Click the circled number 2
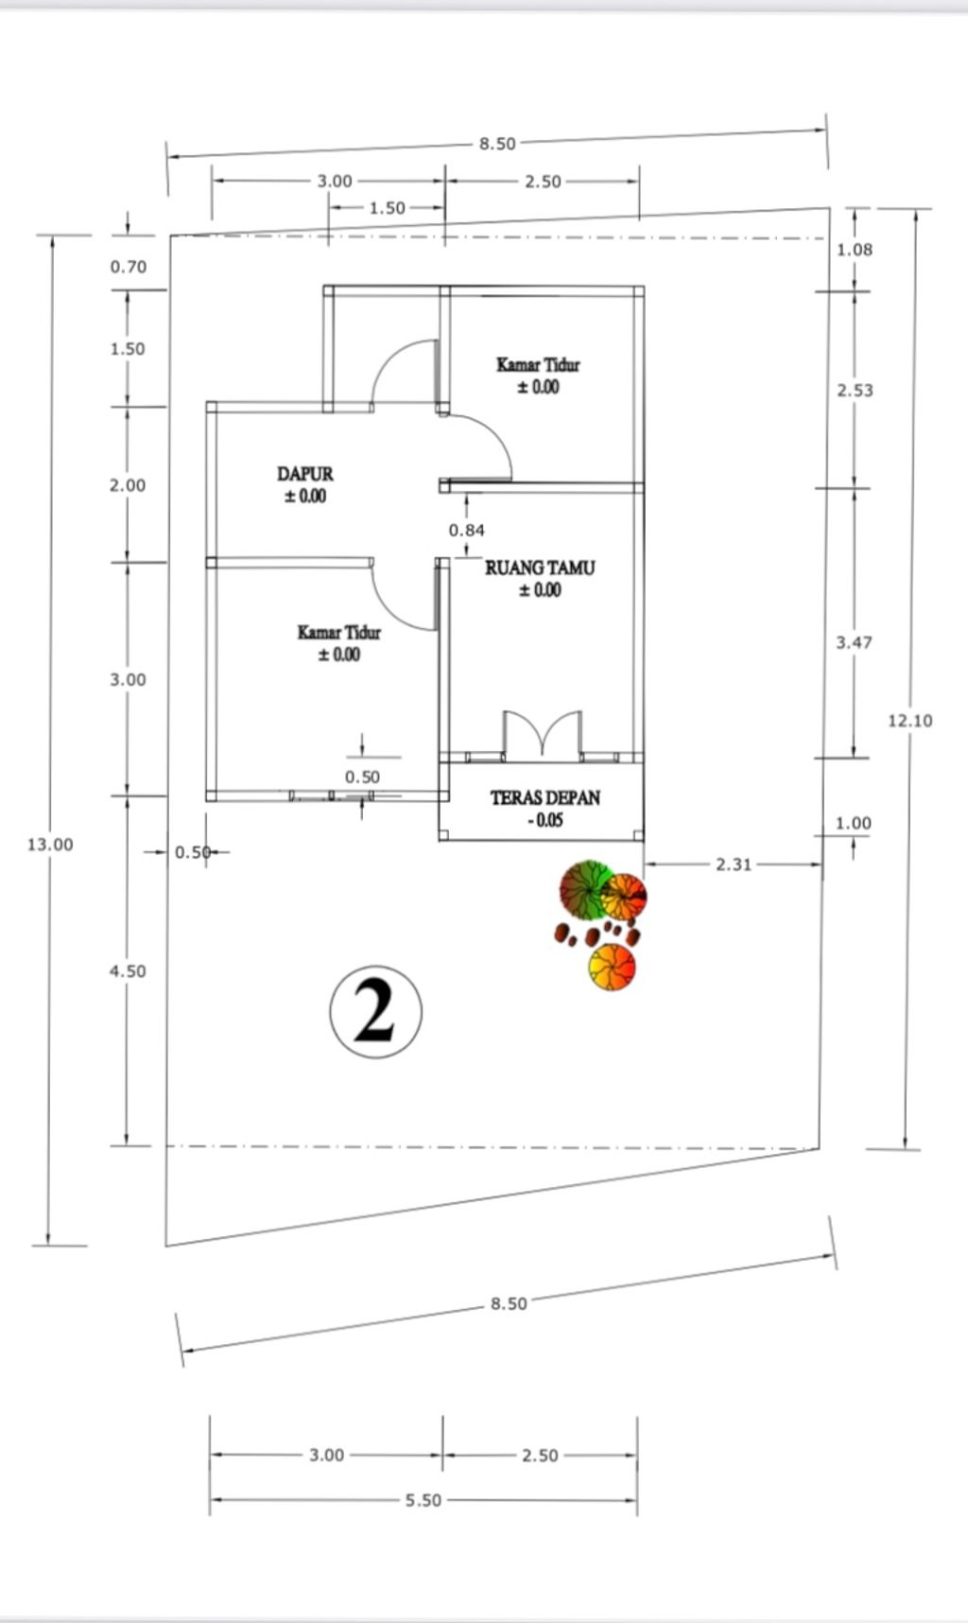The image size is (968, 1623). pos(375,1011)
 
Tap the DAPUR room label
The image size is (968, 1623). pos(304,474)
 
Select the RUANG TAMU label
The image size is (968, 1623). pos(540,568)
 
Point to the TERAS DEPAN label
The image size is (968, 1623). pos(544,798)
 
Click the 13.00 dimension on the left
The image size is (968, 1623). pos(49,845)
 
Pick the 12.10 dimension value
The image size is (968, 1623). pos(909,721)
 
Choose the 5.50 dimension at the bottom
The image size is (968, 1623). pos(423,1500)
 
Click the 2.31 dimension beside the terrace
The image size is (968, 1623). pos(734,864)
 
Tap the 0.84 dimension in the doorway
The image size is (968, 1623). pos(467,531)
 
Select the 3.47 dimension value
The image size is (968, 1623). pos(854,643)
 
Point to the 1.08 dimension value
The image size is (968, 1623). pos(855,250)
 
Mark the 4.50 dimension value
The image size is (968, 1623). pos(128,971)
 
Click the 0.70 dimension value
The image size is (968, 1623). pos(129,267)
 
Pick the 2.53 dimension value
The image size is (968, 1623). pos(855,391)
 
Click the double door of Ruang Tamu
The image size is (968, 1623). pos(542,735)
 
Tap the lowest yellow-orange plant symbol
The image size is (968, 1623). pos(612,967)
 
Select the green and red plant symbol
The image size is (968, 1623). pos(585,889)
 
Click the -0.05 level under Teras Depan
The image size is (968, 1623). pos(544,821)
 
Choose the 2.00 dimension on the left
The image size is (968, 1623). pos(128,485)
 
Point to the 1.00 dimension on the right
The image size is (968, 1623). pos(853,823)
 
